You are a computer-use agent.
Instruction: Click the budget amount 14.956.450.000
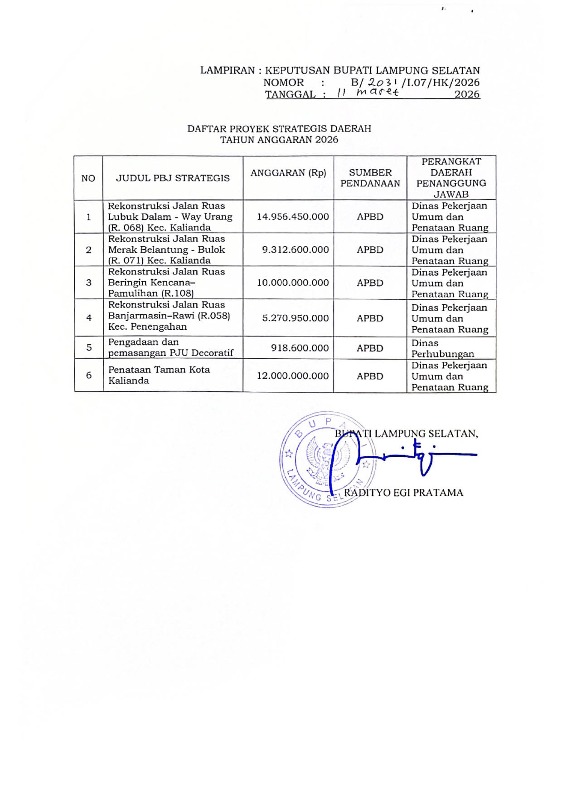pos(293,217)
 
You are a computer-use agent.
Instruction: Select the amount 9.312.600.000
pos(295,250)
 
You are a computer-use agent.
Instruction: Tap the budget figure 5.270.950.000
pos(295,318)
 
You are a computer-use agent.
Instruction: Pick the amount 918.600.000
pos(300,348)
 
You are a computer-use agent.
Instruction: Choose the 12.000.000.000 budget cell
pos(293,376)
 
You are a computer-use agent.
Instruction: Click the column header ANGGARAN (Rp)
pos(288,173)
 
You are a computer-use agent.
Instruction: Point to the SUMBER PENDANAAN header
pos(370,178)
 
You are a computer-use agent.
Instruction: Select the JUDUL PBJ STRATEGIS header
pos(173,178)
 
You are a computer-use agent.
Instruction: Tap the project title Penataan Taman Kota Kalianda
pos(159,375)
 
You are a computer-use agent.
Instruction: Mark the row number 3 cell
pos(89,283)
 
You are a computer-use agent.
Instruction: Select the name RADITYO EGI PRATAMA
pos(403,493)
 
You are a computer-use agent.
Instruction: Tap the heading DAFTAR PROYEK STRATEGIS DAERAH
pos(279,129)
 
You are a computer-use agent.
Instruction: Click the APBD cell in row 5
pos(370,348)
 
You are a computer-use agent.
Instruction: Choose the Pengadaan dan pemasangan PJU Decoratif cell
pos(170,347)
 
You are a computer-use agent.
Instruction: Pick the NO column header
pos(88,178)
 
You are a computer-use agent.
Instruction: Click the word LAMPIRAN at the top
pos(228,71)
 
